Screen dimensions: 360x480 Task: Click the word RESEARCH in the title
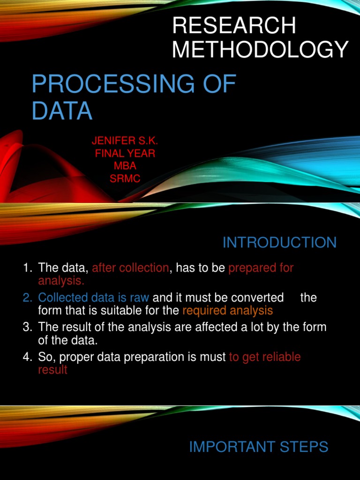pos(234,25)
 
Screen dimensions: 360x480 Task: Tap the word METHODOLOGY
pos(261,49)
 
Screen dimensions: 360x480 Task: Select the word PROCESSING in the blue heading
pos(113,83)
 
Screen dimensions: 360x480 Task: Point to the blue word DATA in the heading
pos(62,111)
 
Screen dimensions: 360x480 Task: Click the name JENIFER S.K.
pos(125,141)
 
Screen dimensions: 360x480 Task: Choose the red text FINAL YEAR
pos(125,153)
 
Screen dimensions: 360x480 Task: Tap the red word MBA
pos(125,166)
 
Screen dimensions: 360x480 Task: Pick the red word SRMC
pos(125,179)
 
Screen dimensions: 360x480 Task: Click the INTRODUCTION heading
pos(279,242)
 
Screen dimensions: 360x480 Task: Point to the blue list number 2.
pos(27,298)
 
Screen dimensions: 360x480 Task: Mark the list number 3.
pos(27,327)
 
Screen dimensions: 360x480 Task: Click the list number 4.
pos(27,357)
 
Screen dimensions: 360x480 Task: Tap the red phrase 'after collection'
pos(130,268)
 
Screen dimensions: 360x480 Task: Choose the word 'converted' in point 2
pos(257,298)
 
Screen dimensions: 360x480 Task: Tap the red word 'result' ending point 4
pos(52,370)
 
